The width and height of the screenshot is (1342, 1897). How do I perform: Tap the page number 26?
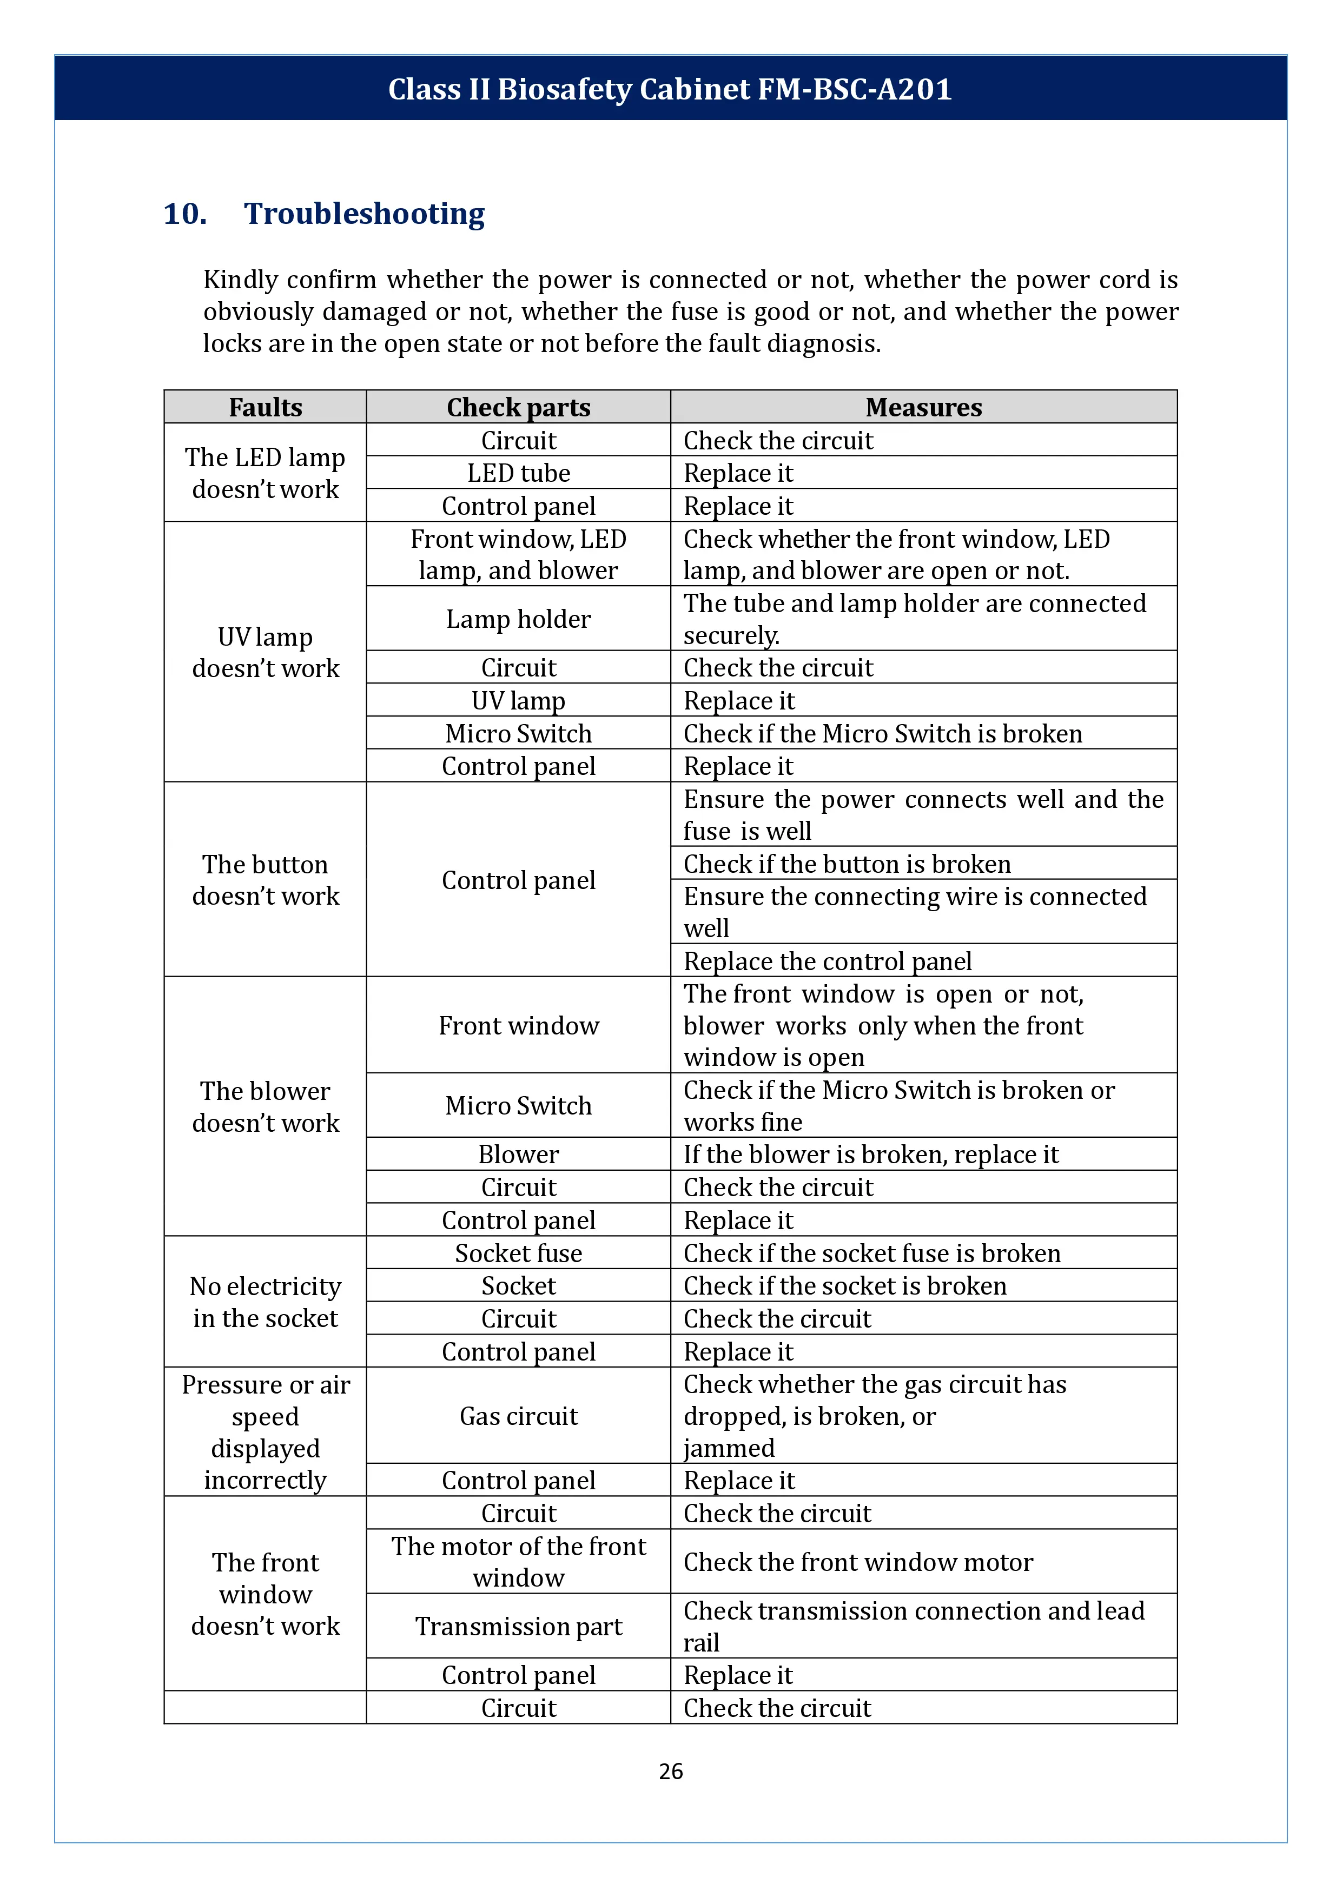670,1770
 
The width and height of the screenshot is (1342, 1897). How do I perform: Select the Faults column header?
265,407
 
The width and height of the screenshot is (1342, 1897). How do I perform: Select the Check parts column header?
518,407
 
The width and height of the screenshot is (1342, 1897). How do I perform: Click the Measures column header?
923,407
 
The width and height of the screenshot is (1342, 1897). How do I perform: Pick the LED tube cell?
518,473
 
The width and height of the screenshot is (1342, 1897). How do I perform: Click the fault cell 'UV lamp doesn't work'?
265,652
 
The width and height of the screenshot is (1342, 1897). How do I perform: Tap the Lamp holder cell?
518,619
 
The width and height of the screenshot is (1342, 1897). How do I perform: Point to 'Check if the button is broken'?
847,864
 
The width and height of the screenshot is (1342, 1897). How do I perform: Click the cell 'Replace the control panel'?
827,961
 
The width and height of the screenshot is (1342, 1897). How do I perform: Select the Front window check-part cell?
518,1025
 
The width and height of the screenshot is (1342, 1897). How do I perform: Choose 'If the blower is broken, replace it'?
871,1154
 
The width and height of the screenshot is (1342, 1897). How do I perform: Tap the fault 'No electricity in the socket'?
265,1302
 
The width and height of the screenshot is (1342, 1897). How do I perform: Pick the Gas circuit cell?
518,1416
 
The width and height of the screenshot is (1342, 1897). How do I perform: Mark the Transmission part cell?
518,1626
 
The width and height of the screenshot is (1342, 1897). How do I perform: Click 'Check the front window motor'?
858,1562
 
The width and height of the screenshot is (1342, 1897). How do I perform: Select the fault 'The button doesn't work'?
265,880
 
